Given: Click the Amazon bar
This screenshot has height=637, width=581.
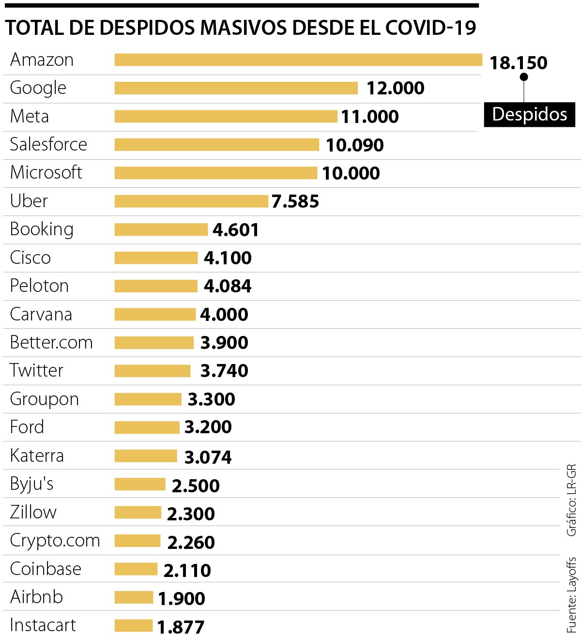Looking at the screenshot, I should point(298,60).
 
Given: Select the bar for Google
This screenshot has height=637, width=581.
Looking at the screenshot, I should point(236,88).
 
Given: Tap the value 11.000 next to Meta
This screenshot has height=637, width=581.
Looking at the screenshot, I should point(370,117).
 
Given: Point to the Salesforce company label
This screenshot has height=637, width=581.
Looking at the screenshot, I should point(48,144).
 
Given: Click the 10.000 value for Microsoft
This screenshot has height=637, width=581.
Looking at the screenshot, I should point(351,173).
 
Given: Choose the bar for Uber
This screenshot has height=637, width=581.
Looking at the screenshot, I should point(191,201).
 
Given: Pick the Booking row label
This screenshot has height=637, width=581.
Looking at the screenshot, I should point(42,229).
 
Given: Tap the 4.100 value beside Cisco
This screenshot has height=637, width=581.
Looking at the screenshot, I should point(228,258).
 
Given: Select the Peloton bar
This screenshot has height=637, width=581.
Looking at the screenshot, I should point(156,286).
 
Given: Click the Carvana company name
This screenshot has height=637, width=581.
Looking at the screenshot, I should point(41,315).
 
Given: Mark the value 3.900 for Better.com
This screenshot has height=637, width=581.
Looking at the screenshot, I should point(224,343).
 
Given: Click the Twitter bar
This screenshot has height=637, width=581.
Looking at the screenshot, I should point(153,371).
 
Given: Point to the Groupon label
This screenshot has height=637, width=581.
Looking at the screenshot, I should point(45,399).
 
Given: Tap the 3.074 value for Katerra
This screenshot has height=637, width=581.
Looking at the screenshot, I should point(208,457).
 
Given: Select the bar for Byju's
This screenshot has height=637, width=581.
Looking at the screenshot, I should point(140,484).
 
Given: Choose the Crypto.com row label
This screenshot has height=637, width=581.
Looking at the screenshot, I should point(55,541).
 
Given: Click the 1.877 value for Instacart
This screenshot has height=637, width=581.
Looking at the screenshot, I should point(181,627).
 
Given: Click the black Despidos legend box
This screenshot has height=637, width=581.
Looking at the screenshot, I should point(529,115).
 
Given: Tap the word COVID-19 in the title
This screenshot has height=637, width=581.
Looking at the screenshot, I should point(430,28).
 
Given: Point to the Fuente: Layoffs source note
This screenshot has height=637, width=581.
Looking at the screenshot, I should point(572,595).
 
